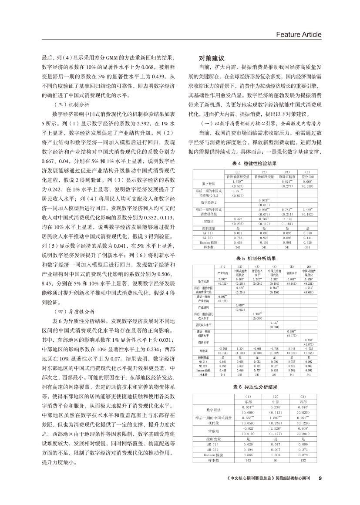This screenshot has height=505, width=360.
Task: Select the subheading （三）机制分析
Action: coord(70,105)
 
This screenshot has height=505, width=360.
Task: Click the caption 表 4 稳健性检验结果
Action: coord(255,163)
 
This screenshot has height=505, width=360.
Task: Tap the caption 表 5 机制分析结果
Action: coord(255,258)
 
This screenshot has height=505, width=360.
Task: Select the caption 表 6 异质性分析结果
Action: coord(255,386)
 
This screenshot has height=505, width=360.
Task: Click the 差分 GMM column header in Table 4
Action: coord(308,177)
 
